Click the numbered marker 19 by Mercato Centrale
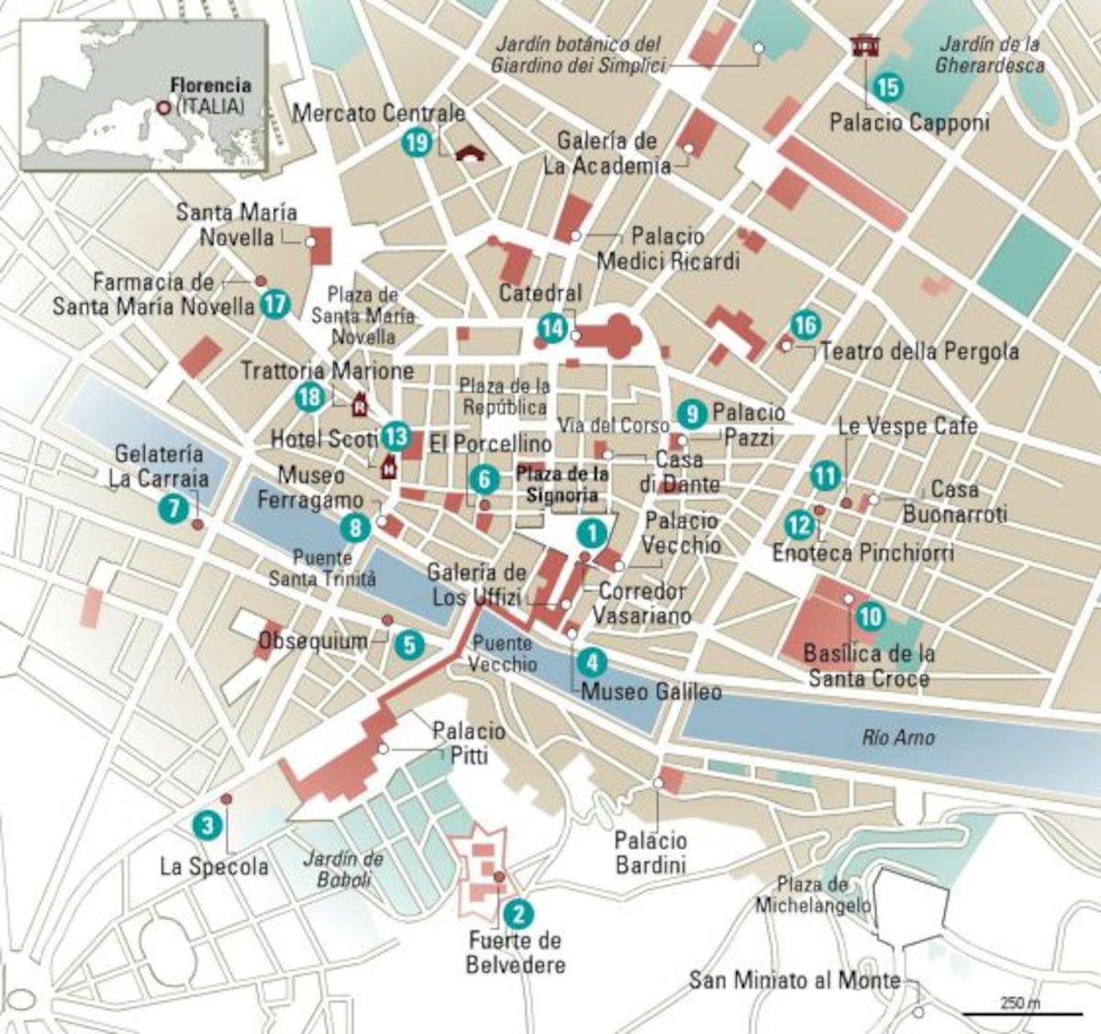click(x=416, y=142)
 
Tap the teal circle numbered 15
click(x=887, y=87)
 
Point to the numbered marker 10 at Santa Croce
click(x=870, y=616)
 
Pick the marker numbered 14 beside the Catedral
click(x=551, y=328)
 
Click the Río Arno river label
click(x=898, y=738)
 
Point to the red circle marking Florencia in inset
click(x=162, y=107)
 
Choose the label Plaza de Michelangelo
click(x=812, y=895)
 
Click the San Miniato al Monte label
click(x=795, y=981)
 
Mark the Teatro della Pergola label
click(x=918, y=351)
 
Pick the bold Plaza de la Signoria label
click(x=562, y=484)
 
